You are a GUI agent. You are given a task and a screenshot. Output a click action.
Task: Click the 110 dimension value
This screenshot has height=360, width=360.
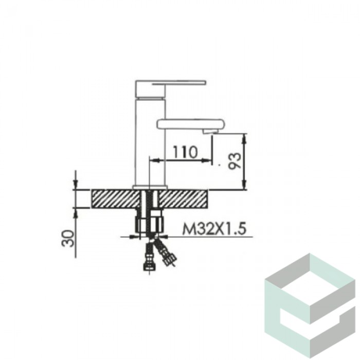[185, 152]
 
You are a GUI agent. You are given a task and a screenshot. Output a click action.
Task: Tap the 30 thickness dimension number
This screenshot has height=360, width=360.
[68, 238]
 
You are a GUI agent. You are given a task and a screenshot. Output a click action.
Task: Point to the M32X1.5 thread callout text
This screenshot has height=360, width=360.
[214, 229]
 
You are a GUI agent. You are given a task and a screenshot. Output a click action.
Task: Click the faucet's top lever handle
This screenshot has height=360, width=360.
[170, 89]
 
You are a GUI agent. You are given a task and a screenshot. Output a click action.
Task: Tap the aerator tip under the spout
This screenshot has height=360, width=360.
[210, 131]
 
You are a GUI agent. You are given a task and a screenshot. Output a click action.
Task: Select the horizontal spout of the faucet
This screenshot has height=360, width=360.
[190, 123]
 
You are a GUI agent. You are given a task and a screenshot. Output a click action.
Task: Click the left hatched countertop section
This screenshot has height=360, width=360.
[116, 199]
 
